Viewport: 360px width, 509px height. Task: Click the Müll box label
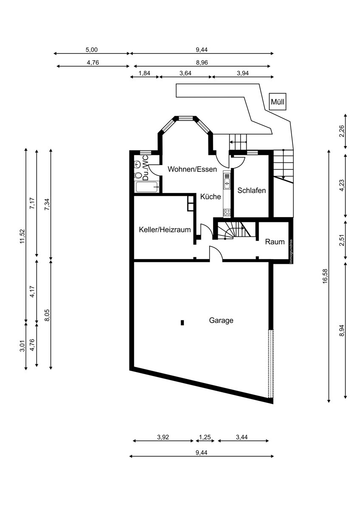coord(278,102)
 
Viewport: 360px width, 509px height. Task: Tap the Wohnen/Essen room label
coord(192,169)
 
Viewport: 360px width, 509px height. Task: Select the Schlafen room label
coord(251,190)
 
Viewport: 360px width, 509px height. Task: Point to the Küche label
coord(211,196)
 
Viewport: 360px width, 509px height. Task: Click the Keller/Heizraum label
coord(165,230)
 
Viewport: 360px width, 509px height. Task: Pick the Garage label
coord(221,321)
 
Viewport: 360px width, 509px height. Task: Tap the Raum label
coord(275,242)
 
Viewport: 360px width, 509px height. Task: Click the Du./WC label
coord(145,168)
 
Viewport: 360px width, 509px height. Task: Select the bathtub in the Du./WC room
coord(147,187)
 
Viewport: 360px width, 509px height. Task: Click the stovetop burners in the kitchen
coord(227,213)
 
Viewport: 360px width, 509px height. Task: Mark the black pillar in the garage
coord(182,323)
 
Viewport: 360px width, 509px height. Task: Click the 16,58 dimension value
coord(325,276)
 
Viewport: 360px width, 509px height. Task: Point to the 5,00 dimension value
coord(91,50)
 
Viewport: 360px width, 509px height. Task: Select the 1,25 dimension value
coord(205,437)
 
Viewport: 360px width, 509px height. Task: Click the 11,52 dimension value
coord(22,236)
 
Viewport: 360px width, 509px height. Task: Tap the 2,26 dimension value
coord(342,131)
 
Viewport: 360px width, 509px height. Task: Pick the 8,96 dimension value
coord(202,62)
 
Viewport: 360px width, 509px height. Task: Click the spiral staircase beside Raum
coord(234,231)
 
